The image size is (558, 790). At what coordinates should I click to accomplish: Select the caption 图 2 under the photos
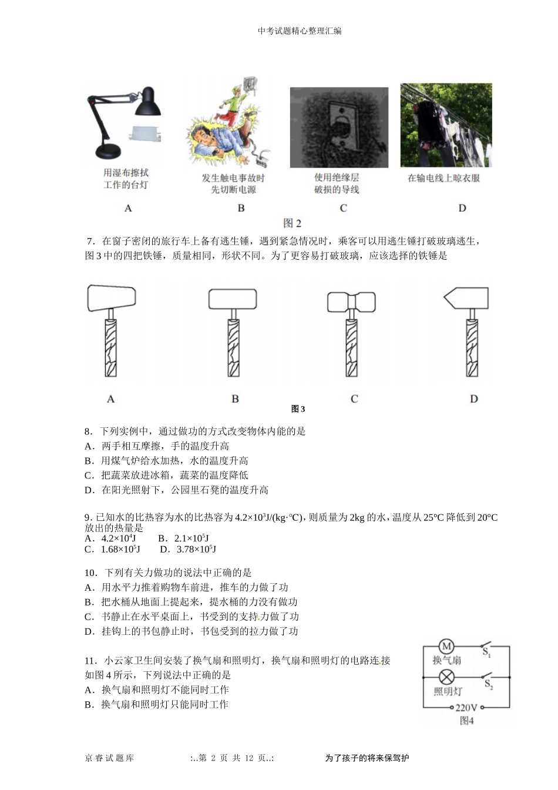click(x=292, y=223)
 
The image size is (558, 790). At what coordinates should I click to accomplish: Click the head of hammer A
click(x=111, y=298)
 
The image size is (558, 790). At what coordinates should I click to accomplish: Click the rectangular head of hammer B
click(x=233, y=299)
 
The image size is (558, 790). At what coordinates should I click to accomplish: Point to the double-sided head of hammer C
click(x=351, y=302)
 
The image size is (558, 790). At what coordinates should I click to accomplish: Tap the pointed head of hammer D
click(x=466, y=297)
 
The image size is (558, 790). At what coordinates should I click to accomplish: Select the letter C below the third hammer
click(x=354, y=399)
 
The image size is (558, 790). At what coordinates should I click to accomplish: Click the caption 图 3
click(x=298, y=409)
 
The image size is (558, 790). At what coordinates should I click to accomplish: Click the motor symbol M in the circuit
click(x=446, y=647)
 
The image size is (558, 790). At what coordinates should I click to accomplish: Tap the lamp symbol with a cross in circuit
click(x=446, y=677)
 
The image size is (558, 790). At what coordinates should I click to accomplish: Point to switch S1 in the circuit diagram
click(x=486, y=646)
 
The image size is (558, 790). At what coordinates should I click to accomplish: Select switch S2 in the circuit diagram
click(x=487, y=677)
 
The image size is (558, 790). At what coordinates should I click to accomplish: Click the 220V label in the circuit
click(x=466, y=708)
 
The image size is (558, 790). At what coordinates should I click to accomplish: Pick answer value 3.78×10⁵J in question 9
click(x=196, y=550)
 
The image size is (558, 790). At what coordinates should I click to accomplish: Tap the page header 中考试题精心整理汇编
click(x=300, y=31)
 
